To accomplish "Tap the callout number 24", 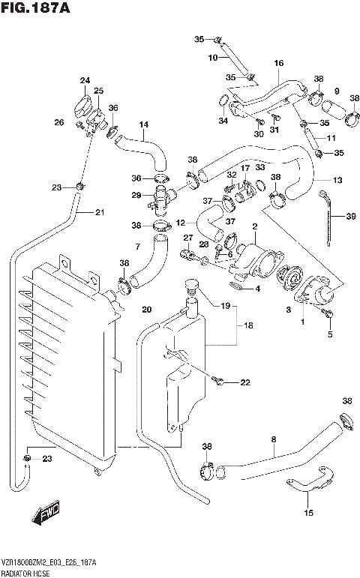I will click(x=85, y=80).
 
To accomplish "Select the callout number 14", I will click(x=143, y=124).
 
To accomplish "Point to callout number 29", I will click(x=136, y=196).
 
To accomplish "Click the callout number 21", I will click(x=100, y=212).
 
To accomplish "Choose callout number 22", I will click(x=244, y=383).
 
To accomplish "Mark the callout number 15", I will click(x=308, y=513).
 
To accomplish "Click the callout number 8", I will click(x=274, y=439).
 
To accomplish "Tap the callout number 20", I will click(x=147, y=310).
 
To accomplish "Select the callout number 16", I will click(x=278, y=64).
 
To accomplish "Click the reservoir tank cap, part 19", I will click(x=191, y=286).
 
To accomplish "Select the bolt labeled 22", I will click(x=220, y=382).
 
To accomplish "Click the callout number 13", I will click(x=337, y=180).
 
